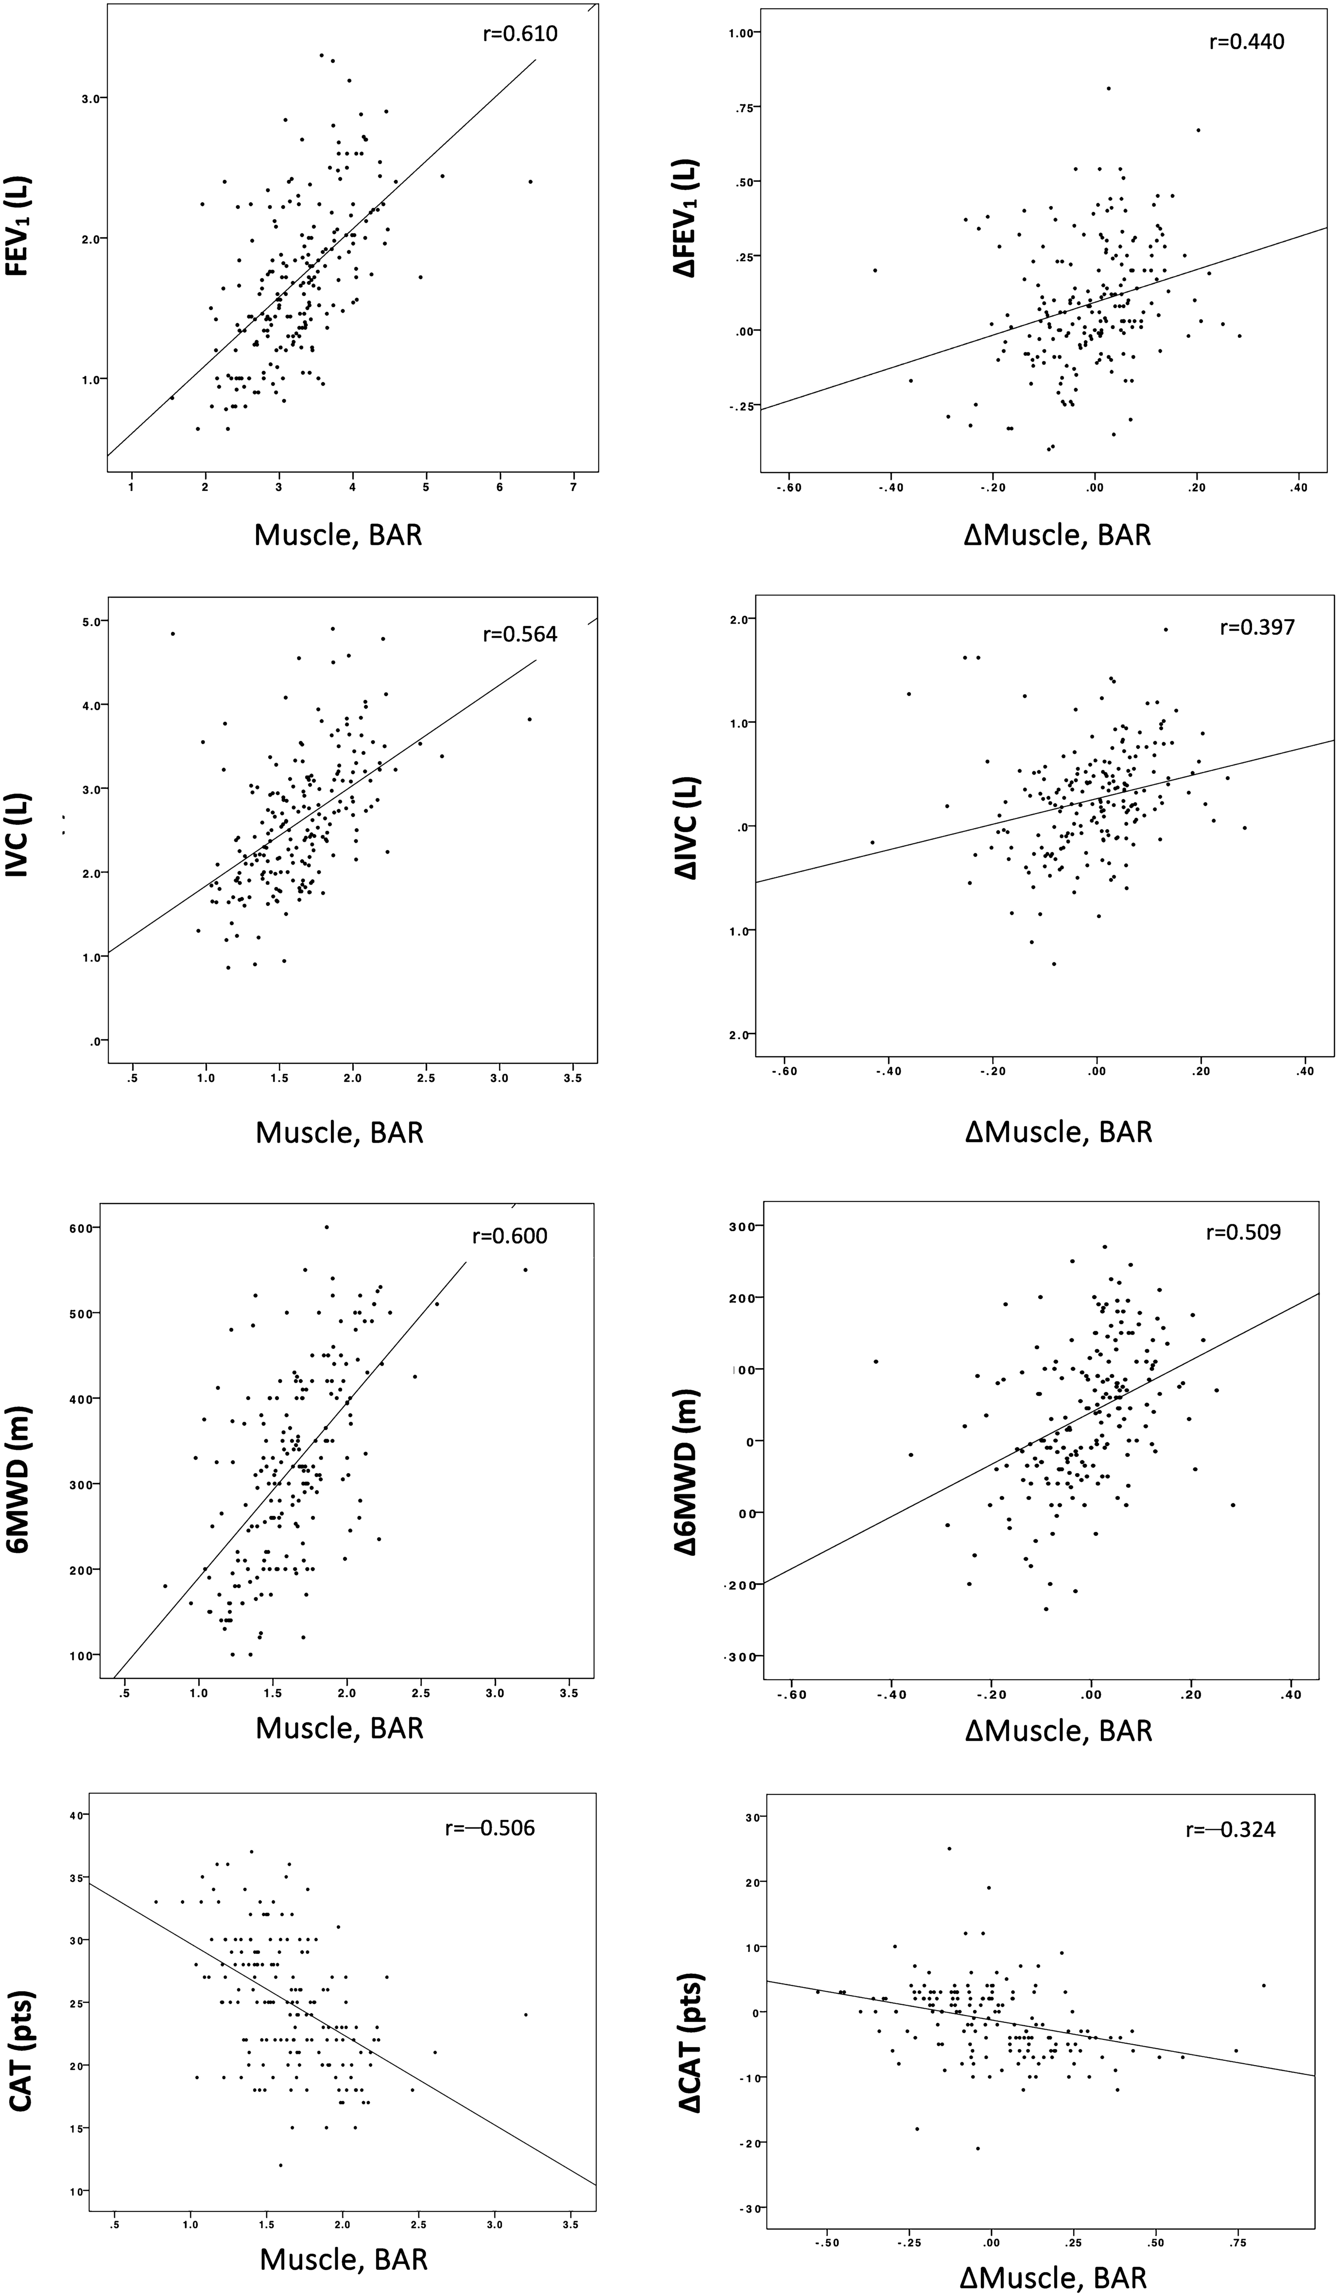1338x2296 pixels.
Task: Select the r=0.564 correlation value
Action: (519, 634)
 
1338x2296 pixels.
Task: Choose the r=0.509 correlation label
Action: (1243, 1232)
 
